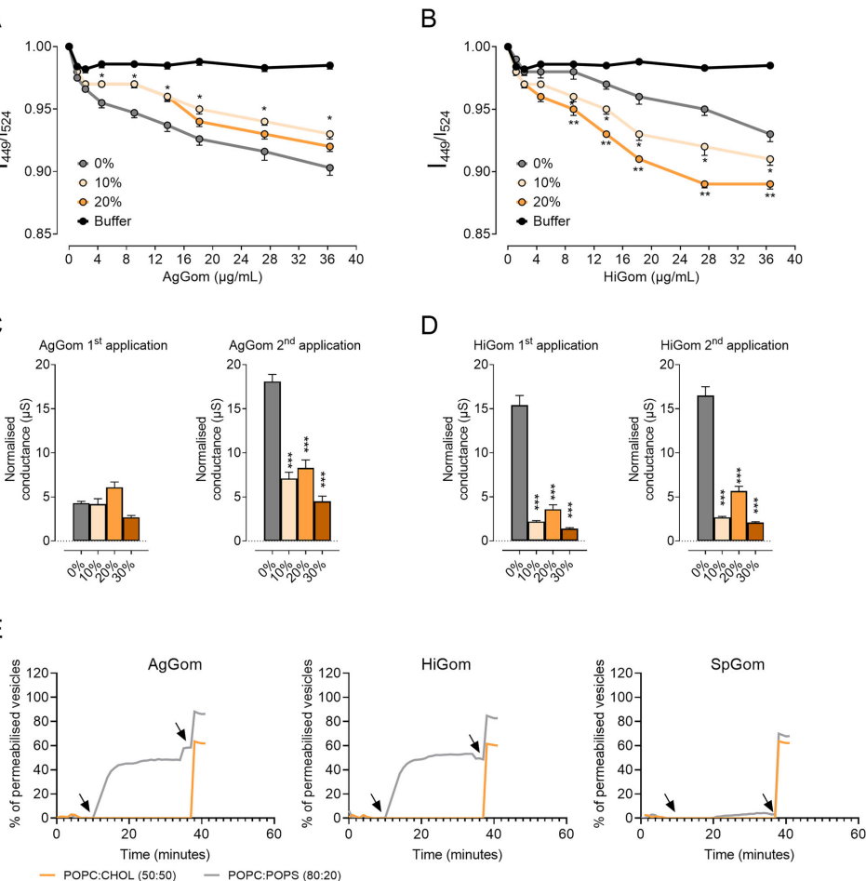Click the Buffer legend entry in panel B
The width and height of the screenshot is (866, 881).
tap(545, 220)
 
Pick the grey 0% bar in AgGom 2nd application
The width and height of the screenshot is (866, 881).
tap(246, 461)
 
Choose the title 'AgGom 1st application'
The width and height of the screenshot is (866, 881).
tap(103, 345)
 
